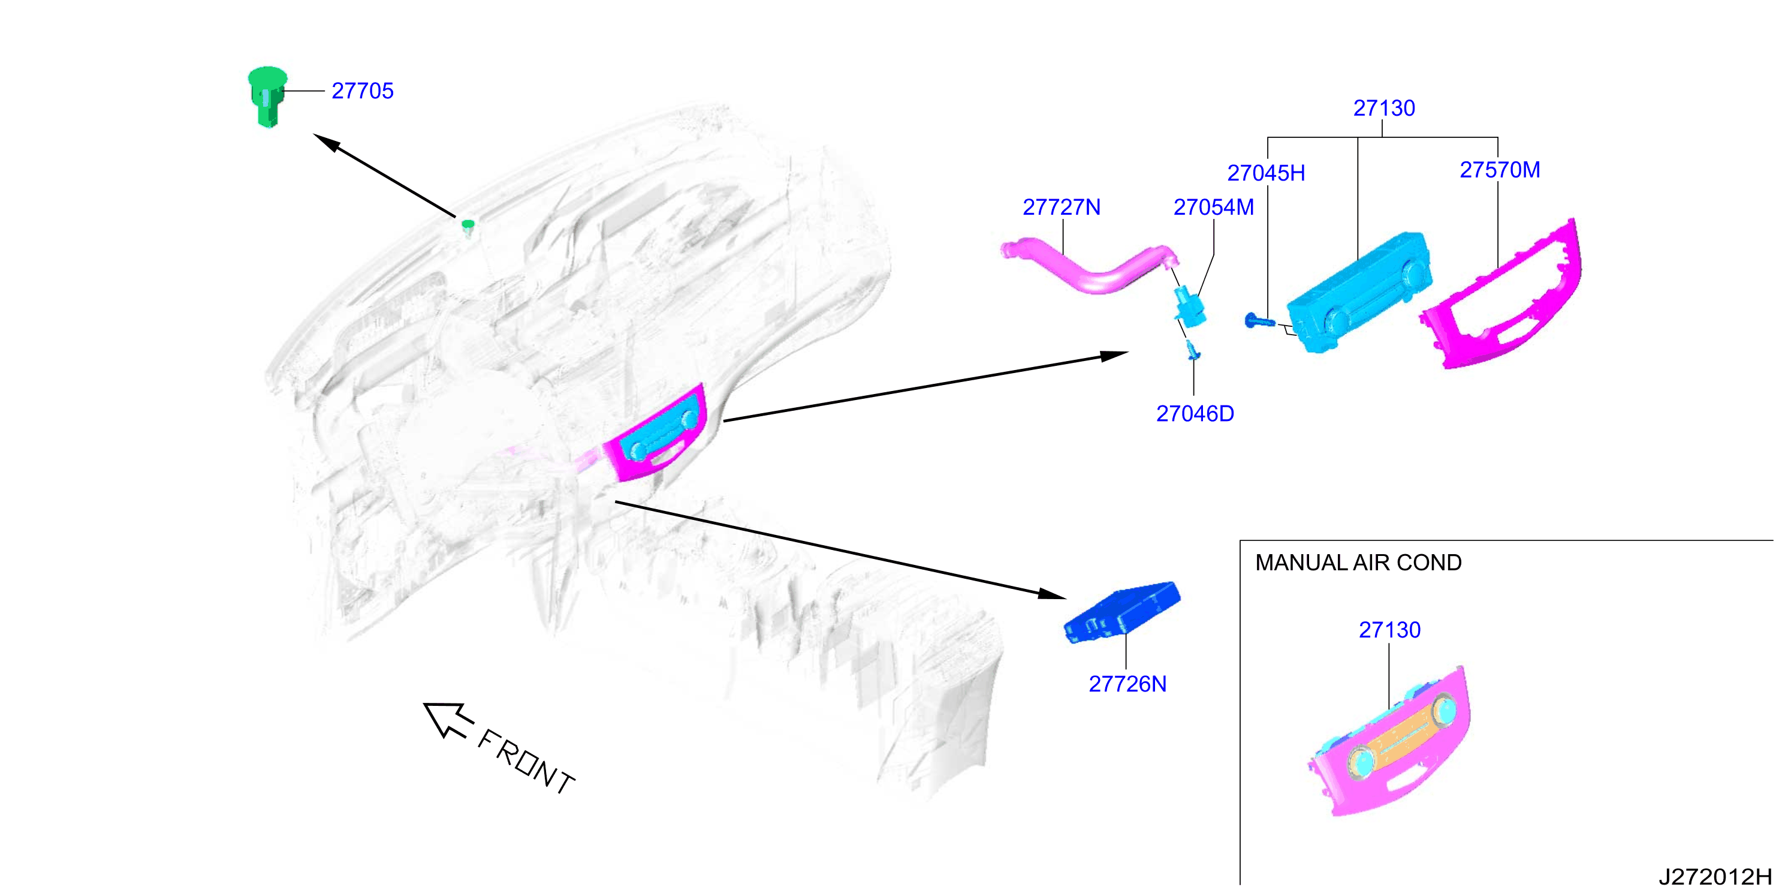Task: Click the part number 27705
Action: pos(363,91)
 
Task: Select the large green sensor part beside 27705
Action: pos(267,96)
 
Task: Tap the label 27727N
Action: pos(1062,208)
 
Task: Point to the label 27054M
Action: pos(1213,208)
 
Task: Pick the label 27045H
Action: pos(1266,173)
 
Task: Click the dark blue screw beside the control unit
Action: pos(1258,321)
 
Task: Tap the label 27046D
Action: pos(1195,413)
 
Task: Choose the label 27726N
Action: pos(1127,684)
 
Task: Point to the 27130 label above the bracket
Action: pos(1384,109)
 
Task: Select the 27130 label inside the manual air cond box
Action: pos(1389,630)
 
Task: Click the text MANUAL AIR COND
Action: pos(1358,563)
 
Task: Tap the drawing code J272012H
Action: pos(1715,876)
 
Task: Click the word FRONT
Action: pos(526,762)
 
